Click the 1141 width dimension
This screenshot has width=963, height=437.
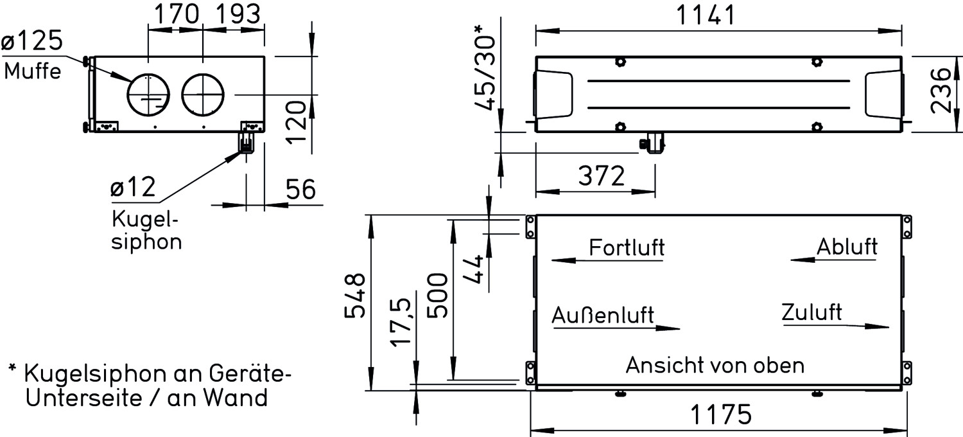706,15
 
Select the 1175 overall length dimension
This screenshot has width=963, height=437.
721,415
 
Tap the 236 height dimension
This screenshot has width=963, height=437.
941,91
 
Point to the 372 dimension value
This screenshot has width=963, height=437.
602,175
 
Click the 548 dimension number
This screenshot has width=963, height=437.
355,296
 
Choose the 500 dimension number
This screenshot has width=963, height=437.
438,296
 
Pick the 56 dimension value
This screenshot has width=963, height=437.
300,189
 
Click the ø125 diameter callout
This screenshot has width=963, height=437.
32,41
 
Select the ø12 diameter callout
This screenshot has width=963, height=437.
133,187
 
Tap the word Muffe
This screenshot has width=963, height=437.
32,71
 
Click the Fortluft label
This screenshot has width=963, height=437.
627,247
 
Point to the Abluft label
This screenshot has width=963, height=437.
847,247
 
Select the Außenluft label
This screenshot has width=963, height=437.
603,315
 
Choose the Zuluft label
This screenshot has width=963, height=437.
811,312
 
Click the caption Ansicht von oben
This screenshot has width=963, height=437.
715,365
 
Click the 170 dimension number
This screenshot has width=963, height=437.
177,13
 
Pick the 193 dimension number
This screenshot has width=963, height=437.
238,13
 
